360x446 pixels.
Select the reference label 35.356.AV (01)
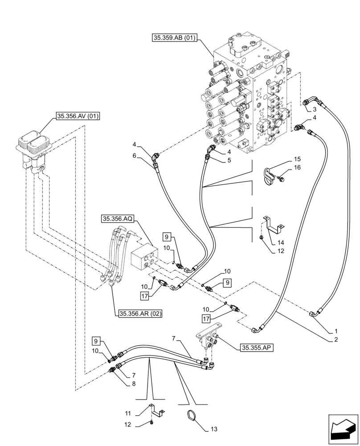pyautogui.click(x=78, y=117)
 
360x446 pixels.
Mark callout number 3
pyautogui.click(x=315, y=109)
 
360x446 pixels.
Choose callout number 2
pyautogui.click(x=335, y=339)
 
